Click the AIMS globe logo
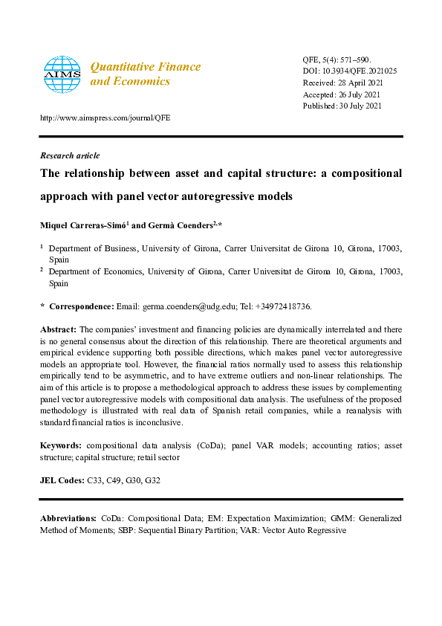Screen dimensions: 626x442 [62, 73]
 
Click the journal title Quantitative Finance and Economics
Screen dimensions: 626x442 [145, 74]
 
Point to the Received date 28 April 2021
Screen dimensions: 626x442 [358, 83]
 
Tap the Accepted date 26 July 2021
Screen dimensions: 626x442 [359, 94]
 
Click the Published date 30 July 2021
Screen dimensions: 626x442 [360, 106]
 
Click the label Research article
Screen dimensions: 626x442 [69, 155]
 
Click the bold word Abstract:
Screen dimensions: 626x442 [58, 329]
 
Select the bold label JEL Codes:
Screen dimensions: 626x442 [62, 481]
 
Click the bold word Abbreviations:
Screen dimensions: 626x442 [68, 517]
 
